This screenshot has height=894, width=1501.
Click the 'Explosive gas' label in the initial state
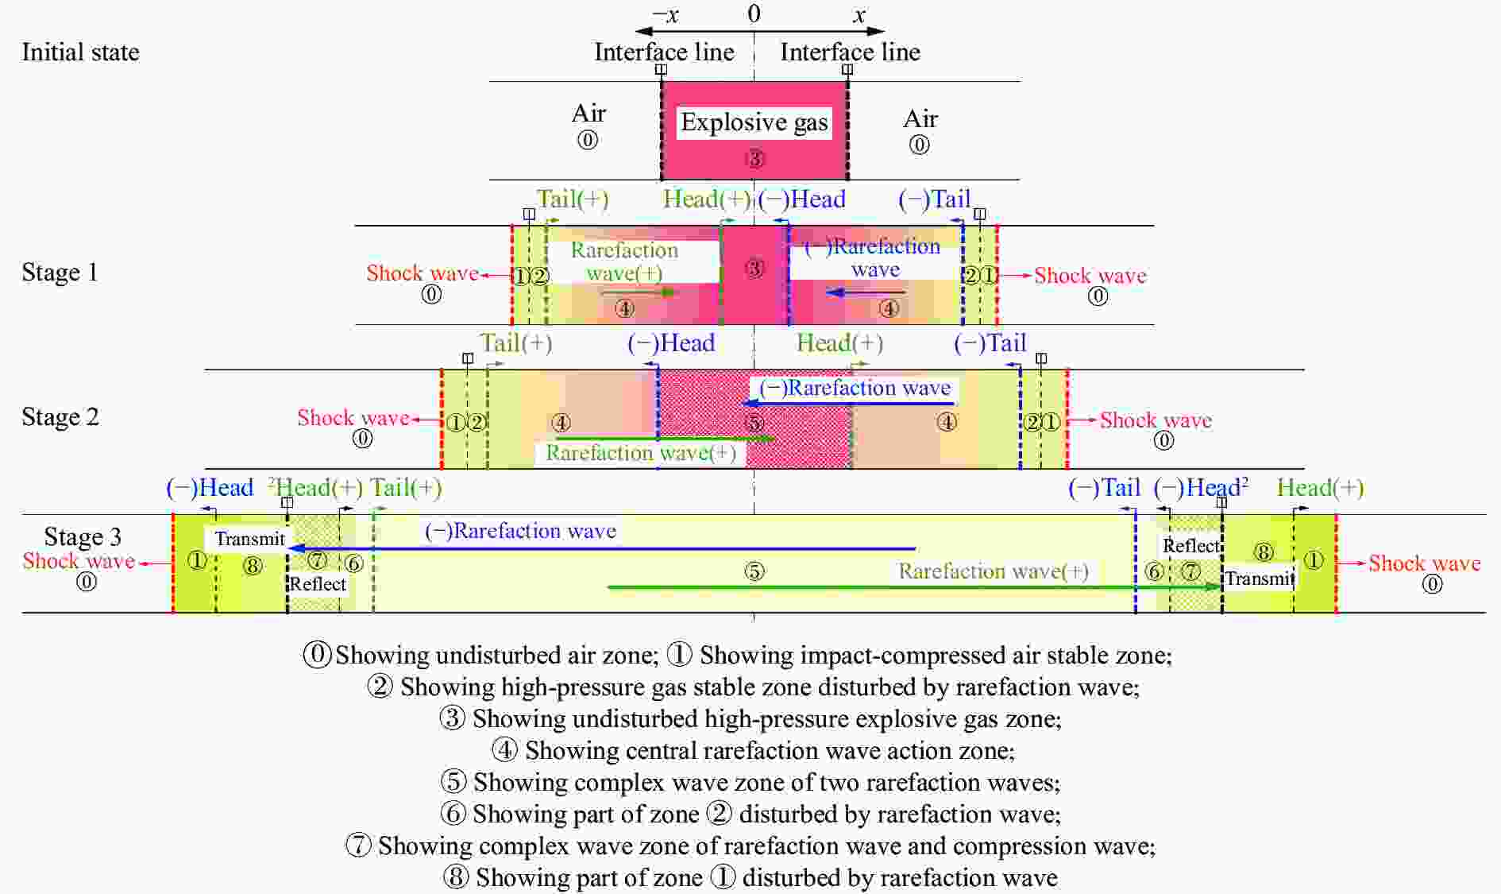(754, 122)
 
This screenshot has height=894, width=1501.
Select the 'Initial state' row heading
(80, 52)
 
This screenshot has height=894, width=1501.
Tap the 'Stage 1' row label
(60, 273)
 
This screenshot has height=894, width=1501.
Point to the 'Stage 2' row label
(60, 417)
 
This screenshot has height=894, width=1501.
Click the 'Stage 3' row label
(83, 537)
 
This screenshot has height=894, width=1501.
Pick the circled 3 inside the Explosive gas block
(754, 159)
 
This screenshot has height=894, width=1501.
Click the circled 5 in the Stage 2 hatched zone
(754, 424)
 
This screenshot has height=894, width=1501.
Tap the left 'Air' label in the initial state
(588, 114)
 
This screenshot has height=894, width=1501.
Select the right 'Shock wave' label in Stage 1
(1090, 276)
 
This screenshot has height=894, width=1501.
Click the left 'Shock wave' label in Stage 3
(79, 561)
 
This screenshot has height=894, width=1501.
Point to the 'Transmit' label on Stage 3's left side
(249, 539)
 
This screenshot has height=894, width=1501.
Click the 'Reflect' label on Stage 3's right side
(1190, 546)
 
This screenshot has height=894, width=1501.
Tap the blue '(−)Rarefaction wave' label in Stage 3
(520, 531)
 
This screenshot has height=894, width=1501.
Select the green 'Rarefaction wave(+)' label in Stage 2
(640, 453)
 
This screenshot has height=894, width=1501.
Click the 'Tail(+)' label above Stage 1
(572, 199)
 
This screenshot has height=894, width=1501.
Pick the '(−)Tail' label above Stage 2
(990, 343)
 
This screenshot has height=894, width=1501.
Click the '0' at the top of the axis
(754, 14)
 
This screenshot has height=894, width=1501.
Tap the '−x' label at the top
(666, 14)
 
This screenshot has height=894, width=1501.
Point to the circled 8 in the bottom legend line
(455, 877)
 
